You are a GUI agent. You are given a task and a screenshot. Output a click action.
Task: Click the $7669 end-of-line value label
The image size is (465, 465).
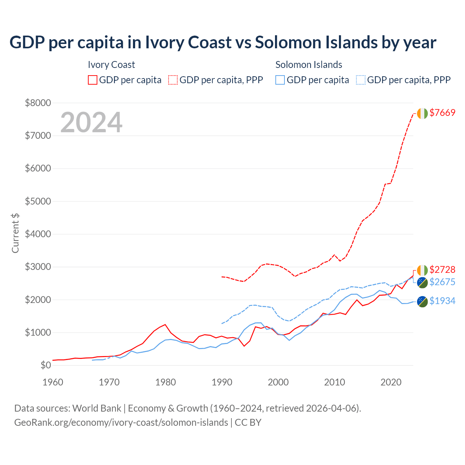pyautogui.click(x=442, y=113)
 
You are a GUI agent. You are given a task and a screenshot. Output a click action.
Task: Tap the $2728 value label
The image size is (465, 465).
pyautogui.click(x=442, y=270)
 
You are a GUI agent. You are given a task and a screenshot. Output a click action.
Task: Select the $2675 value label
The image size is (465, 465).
pyautogui.click(x=442, y=282)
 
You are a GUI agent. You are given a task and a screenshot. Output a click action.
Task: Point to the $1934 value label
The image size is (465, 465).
pyautogui.click(x=442, y=301)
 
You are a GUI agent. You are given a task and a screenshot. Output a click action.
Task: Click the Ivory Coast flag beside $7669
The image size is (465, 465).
pyautogui.click(x=422, y=113)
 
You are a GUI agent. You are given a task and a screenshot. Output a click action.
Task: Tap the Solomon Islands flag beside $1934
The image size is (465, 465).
pyautogui.click(x=422, y=302)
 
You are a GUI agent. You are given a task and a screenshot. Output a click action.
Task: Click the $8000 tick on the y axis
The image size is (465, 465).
pyautogui.click(x=38, y=103)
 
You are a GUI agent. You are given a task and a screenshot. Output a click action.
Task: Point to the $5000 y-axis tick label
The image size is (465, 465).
pyautogui.click(x=38, y=201)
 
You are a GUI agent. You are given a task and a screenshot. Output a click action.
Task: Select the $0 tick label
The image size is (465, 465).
pyautogui.click(x=45, y=365)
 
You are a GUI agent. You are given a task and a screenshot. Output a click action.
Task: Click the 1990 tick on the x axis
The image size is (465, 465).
pyautogui.click(x=222, y=382)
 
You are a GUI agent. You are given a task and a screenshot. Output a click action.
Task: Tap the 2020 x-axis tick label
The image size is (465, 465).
pyautogui.click(x=391, y=382)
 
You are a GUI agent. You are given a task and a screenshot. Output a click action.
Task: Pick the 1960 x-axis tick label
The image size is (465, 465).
pyautogui.click(x=53, y=382)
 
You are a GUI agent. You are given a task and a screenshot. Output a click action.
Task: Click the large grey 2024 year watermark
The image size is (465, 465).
pyautogui.click(x=91, y=122)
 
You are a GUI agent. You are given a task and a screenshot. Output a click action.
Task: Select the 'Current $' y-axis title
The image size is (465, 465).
pyautogui.click(x=15, y=233)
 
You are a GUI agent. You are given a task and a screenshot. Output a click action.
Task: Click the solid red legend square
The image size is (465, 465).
pyautogui.click(x=93, y=80)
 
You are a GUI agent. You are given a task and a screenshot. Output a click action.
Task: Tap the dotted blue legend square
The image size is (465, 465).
pyautogui.click(x=361, y=80)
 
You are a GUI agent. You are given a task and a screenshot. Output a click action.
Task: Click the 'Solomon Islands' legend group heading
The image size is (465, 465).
pyautogui.click(x=309, y=65)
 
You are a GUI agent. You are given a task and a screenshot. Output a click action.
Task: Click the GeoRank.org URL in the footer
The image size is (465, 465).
pyautogui.click(x=121, y=422)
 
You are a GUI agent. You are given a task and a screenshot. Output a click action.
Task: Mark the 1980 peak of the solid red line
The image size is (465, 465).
pyautogui.click(x=165, y=324)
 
